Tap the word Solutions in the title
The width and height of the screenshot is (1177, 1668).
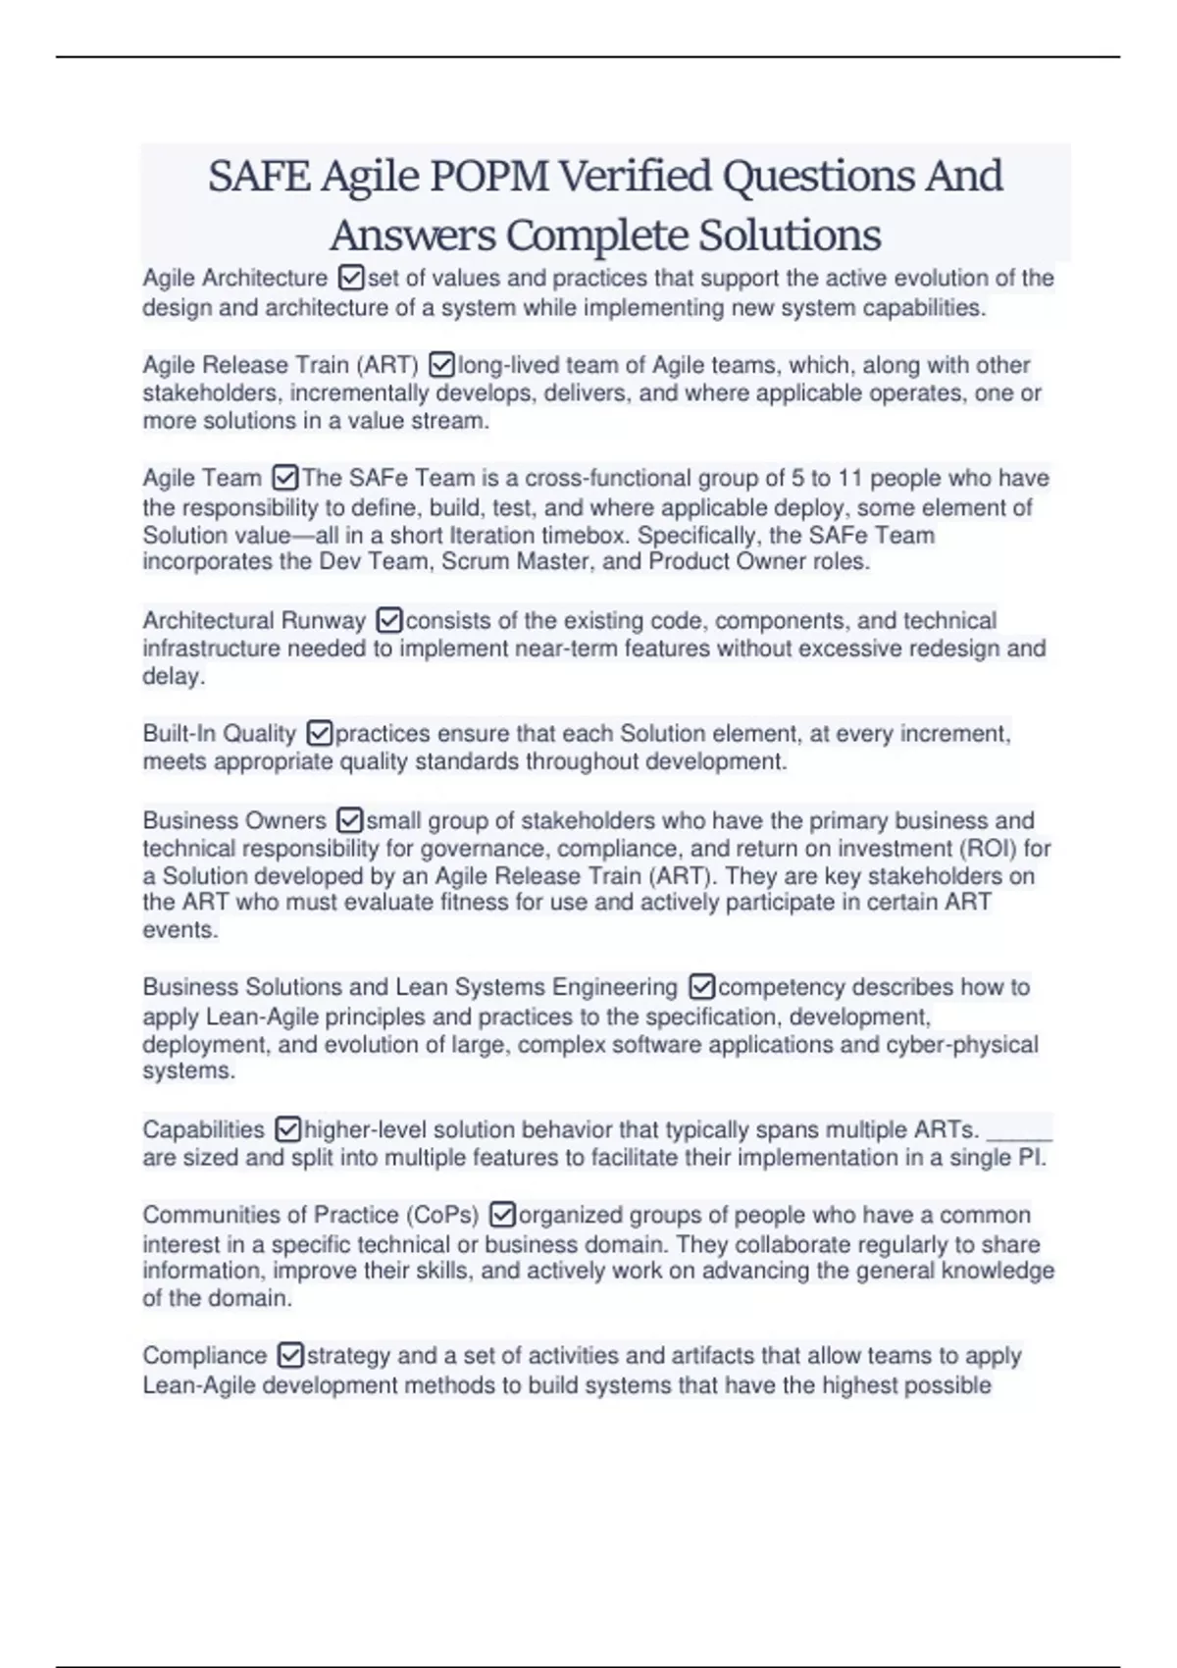[790, 235]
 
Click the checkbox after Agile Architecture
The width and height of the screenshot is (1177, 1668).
[350, 279]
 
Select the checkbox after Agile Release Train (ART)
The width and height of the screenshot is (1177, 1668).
[441, 365]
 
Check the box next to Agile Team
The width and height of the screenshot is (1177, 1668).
[284, 478]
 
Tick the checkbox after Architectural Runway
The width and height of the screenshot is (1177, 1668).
[389, 620]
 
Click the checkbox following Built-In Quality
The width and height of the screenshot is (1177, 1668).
[320, 733]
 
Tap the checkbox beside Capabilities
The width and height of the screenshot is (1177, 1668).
[287, 1129]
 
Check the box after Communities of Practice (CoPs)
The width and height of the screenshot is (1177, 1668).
[501, 1215]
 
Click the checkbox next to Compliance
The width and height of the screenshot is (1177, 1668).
[290, 1355]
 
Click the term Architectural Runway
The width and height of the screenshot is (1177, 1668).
[254, 620]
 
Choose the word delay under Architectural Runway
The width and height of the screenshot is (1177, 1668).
[173, 676]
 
